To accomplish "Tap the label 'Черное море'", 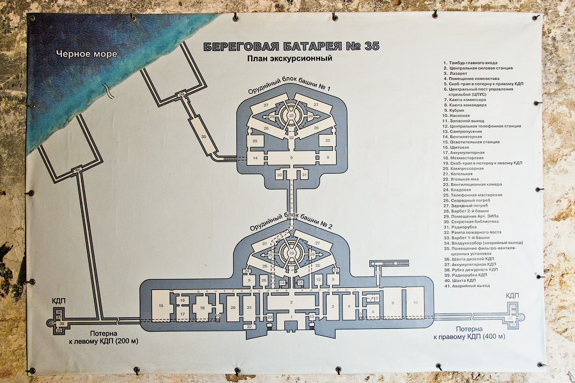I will (x=86, y=54).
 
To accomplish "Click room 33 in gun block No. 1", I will (x=291, y=116).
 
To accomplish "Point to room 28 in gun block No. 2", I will (x=291, y=254).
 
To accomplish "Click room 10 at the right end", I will (x=415, y=303).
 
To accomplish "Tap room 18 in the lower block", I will (x=203, y=308).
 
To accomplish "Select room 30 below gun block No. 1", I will (x=280, y=174).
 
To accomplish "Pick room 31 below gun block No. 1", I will (x=305, y=174).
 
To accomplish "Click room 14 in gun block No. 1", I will (x=254, y=157).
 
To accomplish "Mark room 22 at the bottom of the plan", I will (x=249, y=326).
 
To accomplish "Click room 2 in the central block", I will (x=291, y=302).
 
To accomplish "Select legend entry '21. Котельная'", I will (x=458, y=174).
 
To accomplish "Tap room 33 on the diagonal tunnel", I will (x=204, y=137).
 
